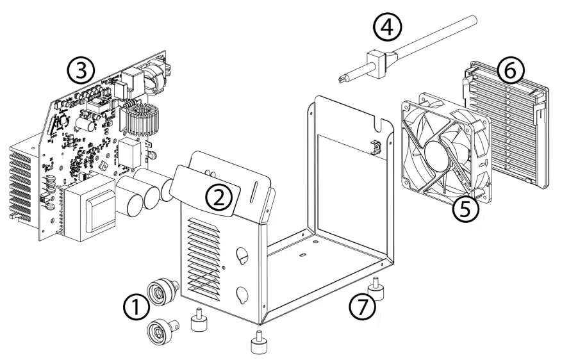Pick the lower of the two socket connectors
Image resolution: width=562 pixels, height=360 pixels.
coord(158,330)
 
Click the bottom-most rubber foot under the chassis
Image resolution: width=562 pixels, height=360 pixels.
coord(258,343)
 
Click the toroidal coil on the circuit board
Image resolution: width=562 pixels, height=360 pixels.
coord(139,121)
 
